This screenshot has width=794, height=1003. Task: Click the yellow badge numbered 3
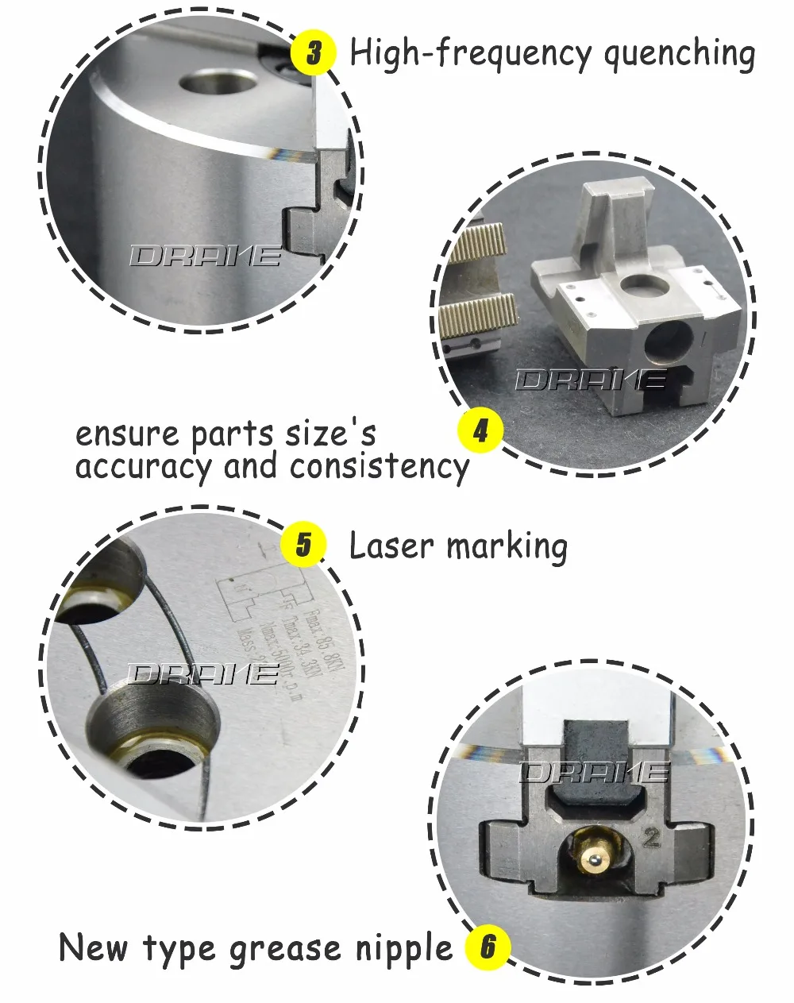point(313,53)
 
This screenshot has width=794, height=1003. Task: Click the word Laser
point(391,546)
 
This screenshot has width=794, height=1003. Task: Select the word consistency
point(380,466)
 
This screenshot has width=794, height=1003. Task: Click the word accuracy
point(145,466)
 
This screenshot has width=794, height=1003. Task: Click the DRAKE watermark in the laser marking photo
point(202,675)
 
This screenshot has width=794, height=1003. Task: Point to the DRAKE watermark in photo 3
point(205,256)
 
